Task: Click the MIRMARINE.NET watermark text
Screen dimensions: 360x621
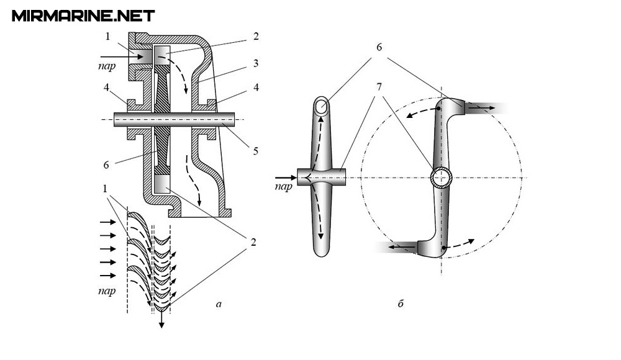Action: (x=83, y=16)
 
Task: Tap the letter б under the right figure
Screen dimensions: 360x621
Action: (x=401, y=304)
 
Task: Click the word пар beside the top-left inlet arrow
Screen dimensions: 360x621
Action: (x=107, y=65)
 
